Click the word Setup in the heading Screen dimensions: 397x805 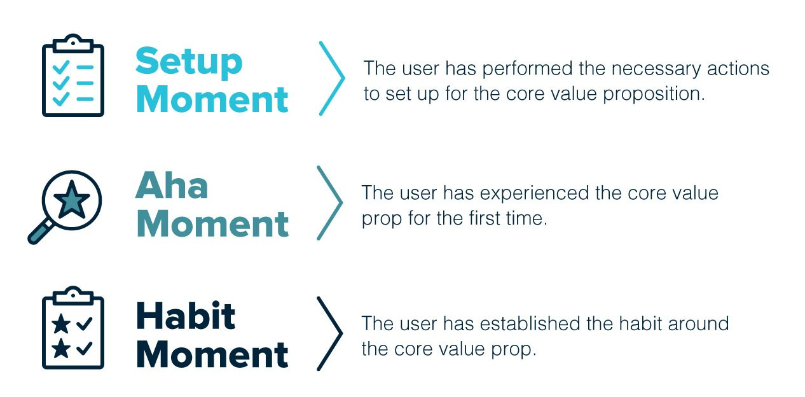(189, 62)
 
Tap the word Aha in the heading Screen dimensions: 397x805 (172, 186)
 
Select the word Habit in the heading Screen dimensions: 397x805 (186, 316)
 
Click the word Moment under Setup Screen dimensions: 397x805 (212, 100)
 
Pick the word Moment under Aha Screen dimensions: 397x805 (212, 224)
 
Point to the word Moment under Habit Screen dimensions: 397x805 (212, 354)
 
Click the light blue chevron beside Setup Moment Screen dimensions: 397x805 (332, 78)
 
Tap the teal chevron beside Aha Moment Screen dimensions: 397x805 (330, 203)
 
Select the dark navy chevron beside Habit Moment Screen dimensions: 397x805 (330, 333)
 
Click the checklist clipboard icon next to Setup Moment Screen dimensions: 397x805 (72, 76)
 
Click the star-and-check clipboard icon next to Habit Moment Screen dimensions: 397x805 (72, 329)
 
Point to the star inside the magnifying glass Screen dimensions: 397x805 (72, 198)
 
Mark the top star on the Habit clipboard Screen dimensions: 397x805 (62, 324)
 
